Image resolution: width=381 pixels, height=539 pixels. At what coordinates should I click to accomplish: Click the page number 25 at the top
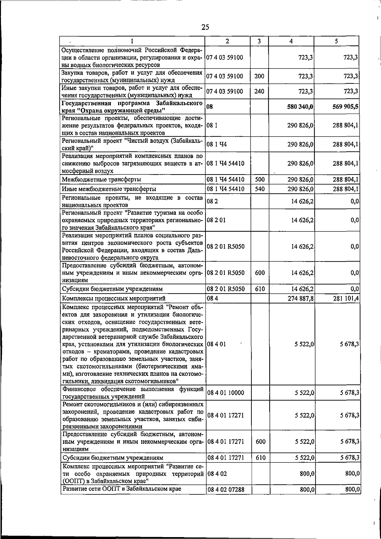click(x=205, y=27)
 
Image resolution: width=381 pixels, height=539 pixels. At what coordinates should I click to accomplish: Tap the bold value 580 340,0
click(x=300, y=107)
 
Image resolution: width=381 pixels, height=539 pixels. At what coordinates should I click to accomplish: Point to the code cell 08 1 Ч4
click(x=217, y=144)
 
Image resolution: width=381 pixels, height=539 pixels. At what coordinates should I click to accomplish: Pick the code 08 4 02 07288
click(x=226, y=498)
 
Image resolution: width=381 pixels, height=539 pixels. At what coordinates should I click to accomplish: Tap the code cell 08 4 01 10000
click(x=225, y=393)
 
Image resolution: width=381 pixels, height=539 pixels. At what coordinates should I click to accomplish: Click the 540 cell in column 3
click(x=260, y=189)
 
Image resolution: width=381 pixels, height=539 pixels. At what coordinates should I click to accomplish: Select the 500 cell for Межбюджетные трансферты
click(x=260, y=180)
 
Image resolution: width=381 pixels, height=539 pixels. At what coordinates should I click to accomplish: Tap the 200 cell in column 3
click(x=259, y=77)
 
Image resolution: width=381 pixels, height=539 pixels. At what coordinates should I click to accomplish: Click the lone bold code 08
click(x=210, y=107)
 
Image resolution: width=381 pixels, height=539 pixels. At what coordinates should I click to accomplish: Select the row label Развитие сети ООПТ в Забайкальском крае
click(x=122, y=498)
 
